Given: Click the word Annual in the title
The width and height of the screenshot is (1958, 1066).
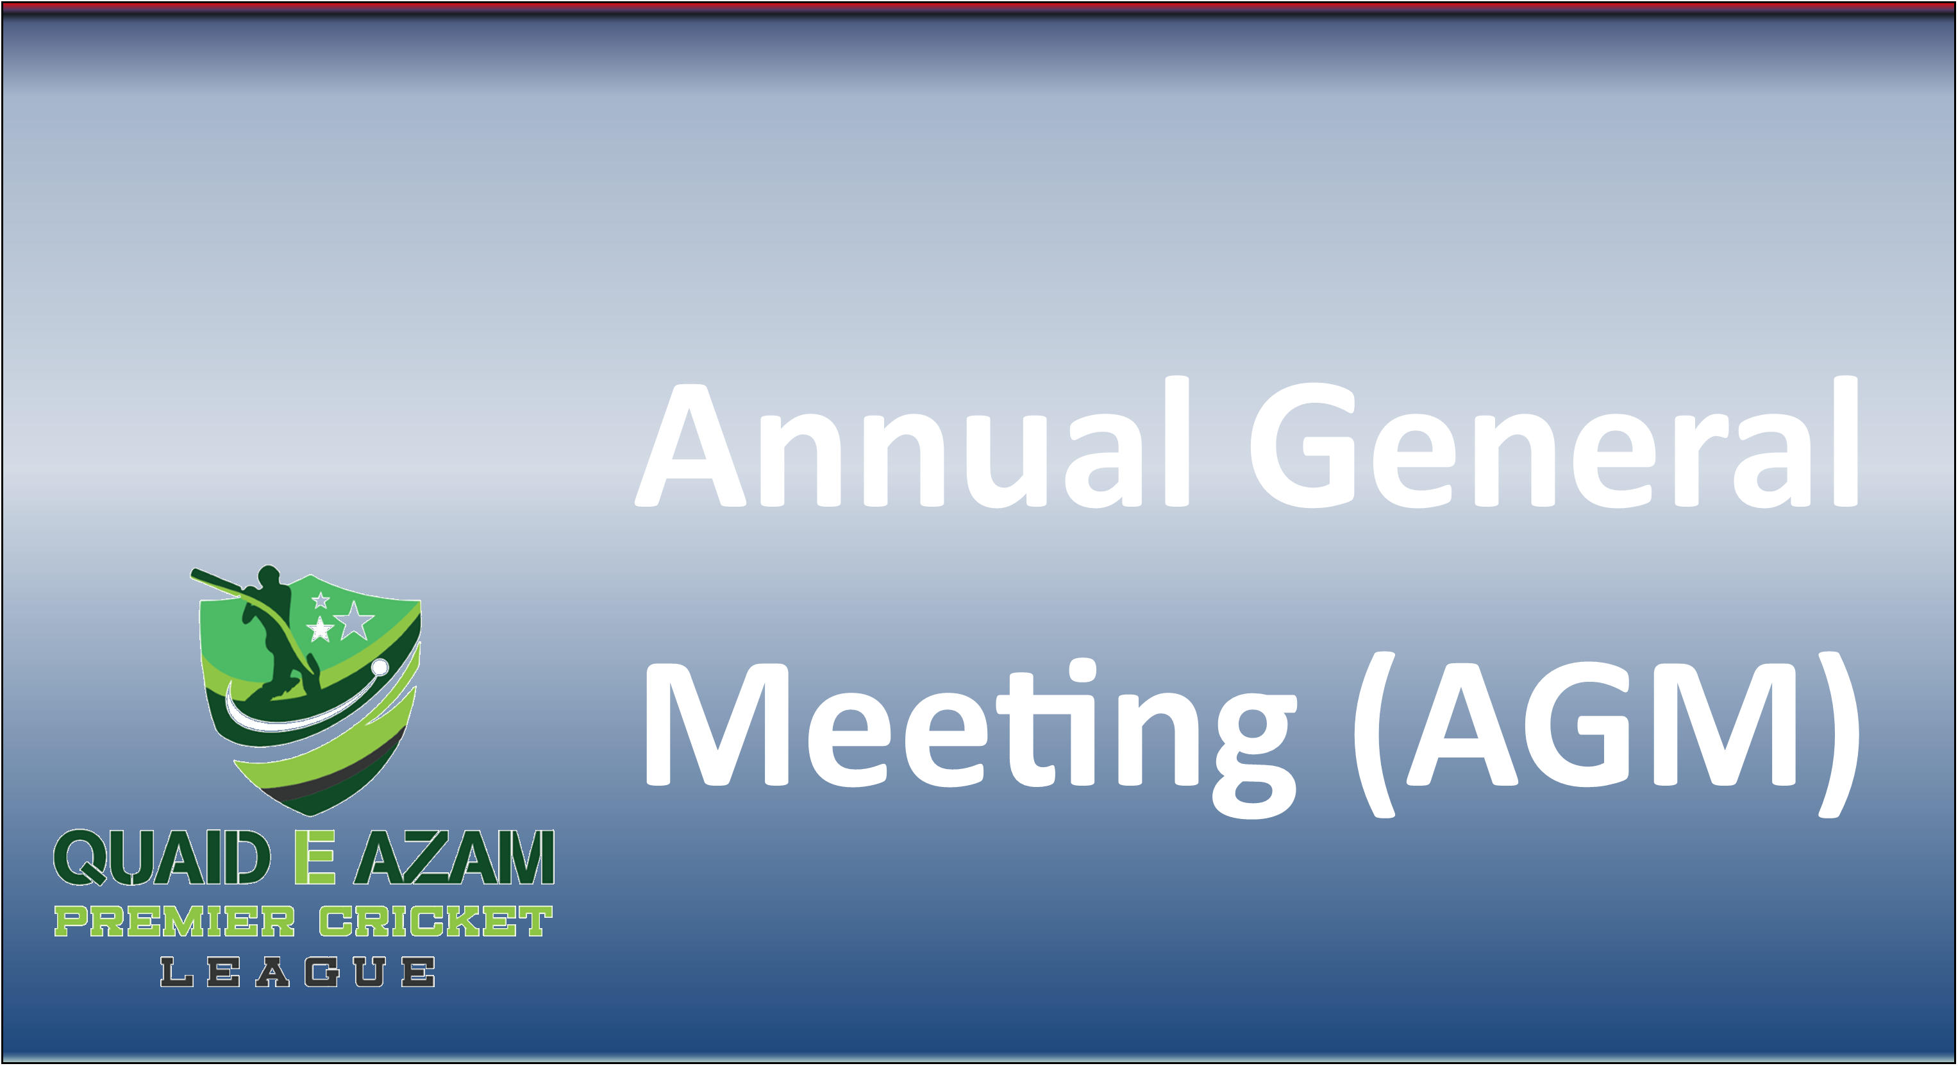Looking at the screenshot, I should tap(912, 444).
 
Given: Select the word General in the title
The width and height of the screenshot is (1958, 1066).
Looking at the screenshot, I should tap(1554, 444).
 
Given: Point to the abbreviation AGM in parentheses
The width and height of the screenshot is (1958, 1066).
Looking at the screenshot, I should tap(1604, 726).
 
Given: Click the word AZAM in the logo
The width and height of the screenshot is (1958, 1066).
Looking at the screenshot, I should tap(455, 858).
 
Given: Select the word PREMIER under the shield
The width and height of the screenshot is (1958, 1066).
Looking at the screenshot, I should tap(174, 922).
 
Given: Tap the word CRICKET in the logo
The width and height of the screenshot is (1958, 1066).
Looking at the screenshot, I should tap(435, 922).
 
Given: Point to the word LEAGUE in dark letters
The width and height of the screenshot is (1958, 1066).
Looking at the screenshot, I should tap(297, 972).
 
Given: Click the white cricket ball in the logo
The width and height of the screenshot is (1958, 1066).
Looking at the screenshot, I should tap(380, 668).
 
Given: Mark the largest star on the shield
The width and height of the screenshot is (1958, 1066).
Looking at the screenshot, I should tap(354, 622).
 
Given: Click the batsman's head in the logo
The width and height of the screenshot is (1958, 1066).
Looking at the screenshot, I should tap(269, 577).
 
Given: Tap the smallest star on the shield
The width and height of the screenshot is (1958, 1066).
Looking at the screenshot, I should tap(321, 601).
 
